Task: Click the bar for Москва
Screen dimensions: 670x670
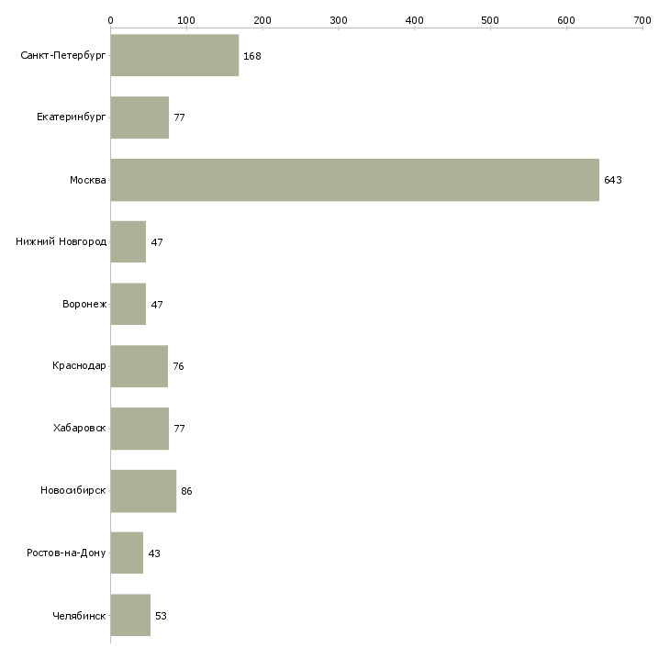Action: point(354,180)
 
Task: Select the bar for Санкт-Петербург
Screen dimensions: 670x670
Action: point(174,56)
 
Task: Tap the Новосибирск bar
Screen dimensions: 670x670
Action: point(143,491)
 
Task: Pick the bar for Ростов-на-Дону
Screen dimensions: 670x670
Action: point(127,553)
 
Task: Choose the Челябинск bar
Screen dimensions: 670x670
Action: point(130,615)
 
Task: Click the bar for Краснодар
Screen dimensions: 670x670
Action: point(139,366)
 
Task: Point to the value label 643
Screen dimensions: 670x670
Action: point(613,181)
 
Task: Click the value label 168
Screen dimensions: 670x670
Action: point(252,57)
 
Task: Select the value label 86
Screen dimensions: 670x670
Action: point(186,492)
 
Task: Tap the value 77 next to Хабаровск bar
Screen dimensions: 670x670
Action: point(180,430)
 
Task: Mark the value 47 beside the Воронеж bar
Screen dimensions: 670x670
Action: point(157,305)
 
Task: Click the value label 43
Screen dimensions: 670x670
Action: point(154,554)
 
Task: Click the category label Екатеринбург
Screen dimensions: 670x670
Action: point(72,117)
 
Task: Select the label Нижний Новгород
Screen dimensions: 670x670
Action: point(61,242)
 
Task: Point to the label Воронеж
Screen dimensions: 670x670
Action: point(84,305)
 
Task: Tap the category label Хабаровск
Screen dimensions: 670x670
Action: point(80,429)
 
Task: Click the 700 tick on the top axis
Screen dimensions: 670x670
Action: point(642,19)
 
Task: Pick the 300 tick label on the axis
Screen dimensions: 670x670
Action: point(339,19)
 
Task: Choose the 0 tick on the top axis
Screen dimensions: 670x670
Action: point(110,19)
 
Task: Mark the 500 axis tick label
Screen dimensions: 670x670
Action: point(491,19)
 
